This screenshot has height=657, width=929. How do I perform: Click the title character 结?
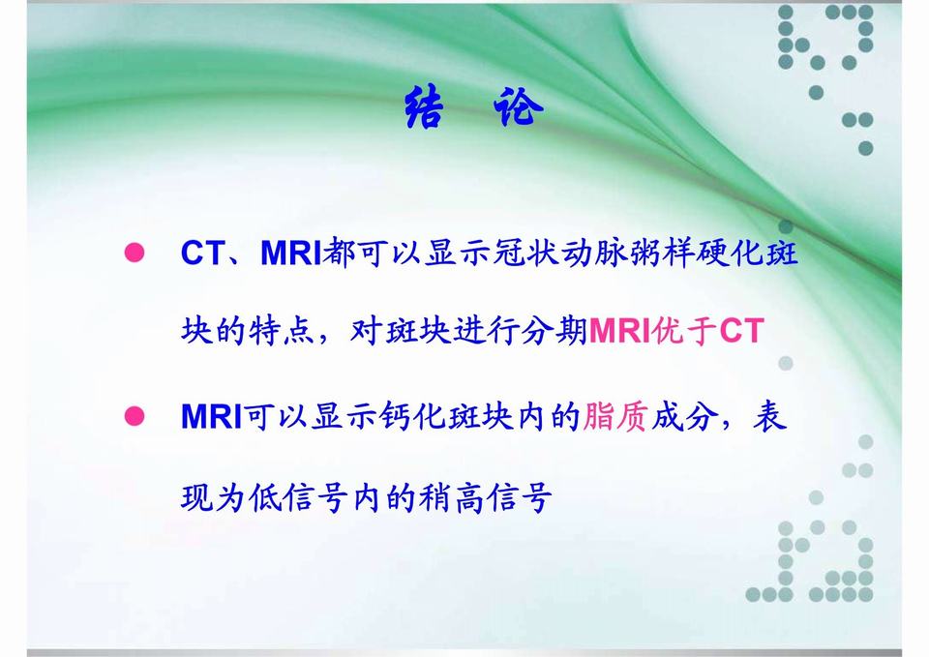424,106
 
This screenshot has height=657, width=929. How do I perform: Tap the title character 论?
518,106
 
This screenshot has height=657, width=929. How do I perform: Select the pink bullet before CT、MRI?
135,253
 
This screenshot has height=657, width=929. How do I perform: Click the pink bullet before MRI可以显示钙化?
135,416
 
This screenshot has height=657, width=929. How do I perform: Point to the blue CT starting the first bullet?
202,253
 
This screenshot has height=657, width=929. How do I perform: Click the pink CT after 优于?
741,331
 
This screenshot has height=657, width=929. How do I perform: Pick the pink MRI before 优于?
619,331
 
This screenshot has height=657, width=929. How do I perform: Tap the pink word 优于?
685,331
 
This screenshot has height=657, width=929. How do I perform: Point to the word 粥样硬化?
696,253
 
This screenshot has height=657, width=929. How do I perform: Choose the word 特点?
281,331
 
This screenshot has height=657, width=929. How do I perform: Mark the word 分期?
554,331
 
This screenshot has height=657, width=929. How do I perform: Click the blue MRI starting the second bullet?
212,416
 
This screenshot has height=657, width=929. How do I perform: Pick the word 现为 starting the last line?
214,497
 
